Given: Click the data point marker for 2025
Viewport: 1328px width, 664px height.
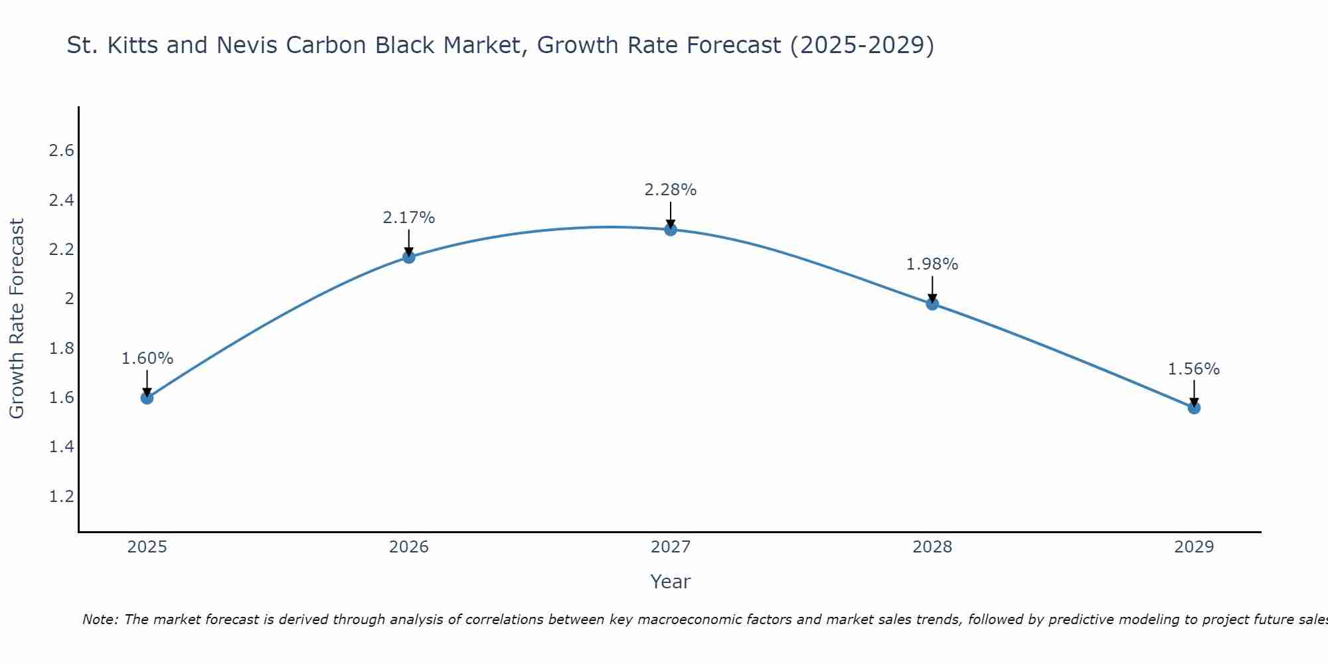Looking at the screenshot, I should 147,398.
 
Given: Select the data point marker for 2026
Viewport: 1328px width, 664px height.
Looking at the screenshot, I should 409,257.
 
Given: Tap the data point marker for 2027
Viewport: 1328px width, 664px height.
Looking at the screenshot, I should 671,230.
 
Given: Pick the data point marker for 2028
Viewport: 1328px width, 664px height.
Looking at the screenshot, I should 932,304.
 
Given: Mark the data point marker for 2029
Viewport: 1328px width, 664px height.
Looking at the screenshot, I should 1194,408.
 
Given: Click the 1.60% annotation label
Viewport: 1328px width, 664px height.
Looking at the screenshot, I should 147,359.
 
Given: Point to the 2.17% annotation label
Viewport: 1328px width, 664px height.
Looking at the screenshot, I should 409,218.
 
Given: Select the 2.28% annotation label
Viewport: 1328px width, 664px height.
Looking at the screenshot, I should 671,190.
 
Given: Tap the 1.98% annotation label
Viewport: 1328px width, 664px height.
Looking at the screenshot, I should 932,264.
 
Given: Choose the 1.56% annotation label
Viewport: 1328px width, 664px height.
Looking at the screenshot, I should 1194,369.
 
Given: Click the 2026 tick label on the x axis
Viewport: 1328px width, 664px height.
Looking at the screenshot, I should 409,547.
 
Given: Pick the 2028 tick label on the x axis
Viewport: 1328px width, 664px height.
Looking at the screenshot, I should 932,547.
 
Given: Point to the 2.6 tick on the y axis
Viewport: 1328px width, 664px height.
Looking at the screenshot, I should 62,151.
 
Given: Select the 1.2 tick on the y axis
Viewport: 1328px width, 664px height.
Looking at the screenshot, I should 62,497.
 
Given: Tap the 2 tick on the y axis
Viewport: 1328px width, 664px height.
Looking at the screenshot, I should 69,299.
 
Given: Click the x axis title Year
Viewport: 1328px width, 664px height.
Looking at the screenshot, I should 671,582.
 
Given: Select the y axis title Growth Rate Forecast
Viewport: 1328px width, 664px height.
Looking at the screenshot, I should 17,319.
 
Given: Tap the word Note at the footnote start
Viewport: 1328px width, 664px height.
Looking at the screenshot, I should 100,620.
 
